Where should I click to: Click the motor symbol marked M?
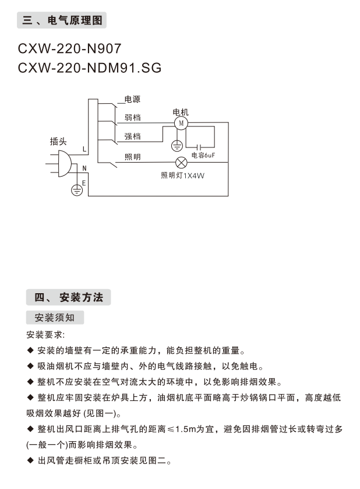[x=181, y=123]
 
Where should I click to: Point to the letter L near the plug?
[x=84, y=149]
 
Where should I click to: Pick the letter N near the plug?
[x=84, y=168]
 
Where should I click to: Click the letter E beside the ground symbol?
[x=84, y=183]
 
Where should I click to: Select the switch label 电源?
[x=132, y=100]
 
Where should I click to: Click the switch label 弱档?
[x=132, y=117]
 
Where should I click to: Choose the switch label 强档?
[x=132, y=136]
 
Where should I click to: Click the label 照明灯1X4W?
[x=183, y=175]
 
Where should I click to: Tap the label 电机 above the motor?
[x=181, y=112]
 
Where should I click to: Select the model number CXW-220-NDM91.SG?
[x=90, y=68]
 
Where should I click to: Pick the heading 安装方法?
[x=81, y=297]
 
